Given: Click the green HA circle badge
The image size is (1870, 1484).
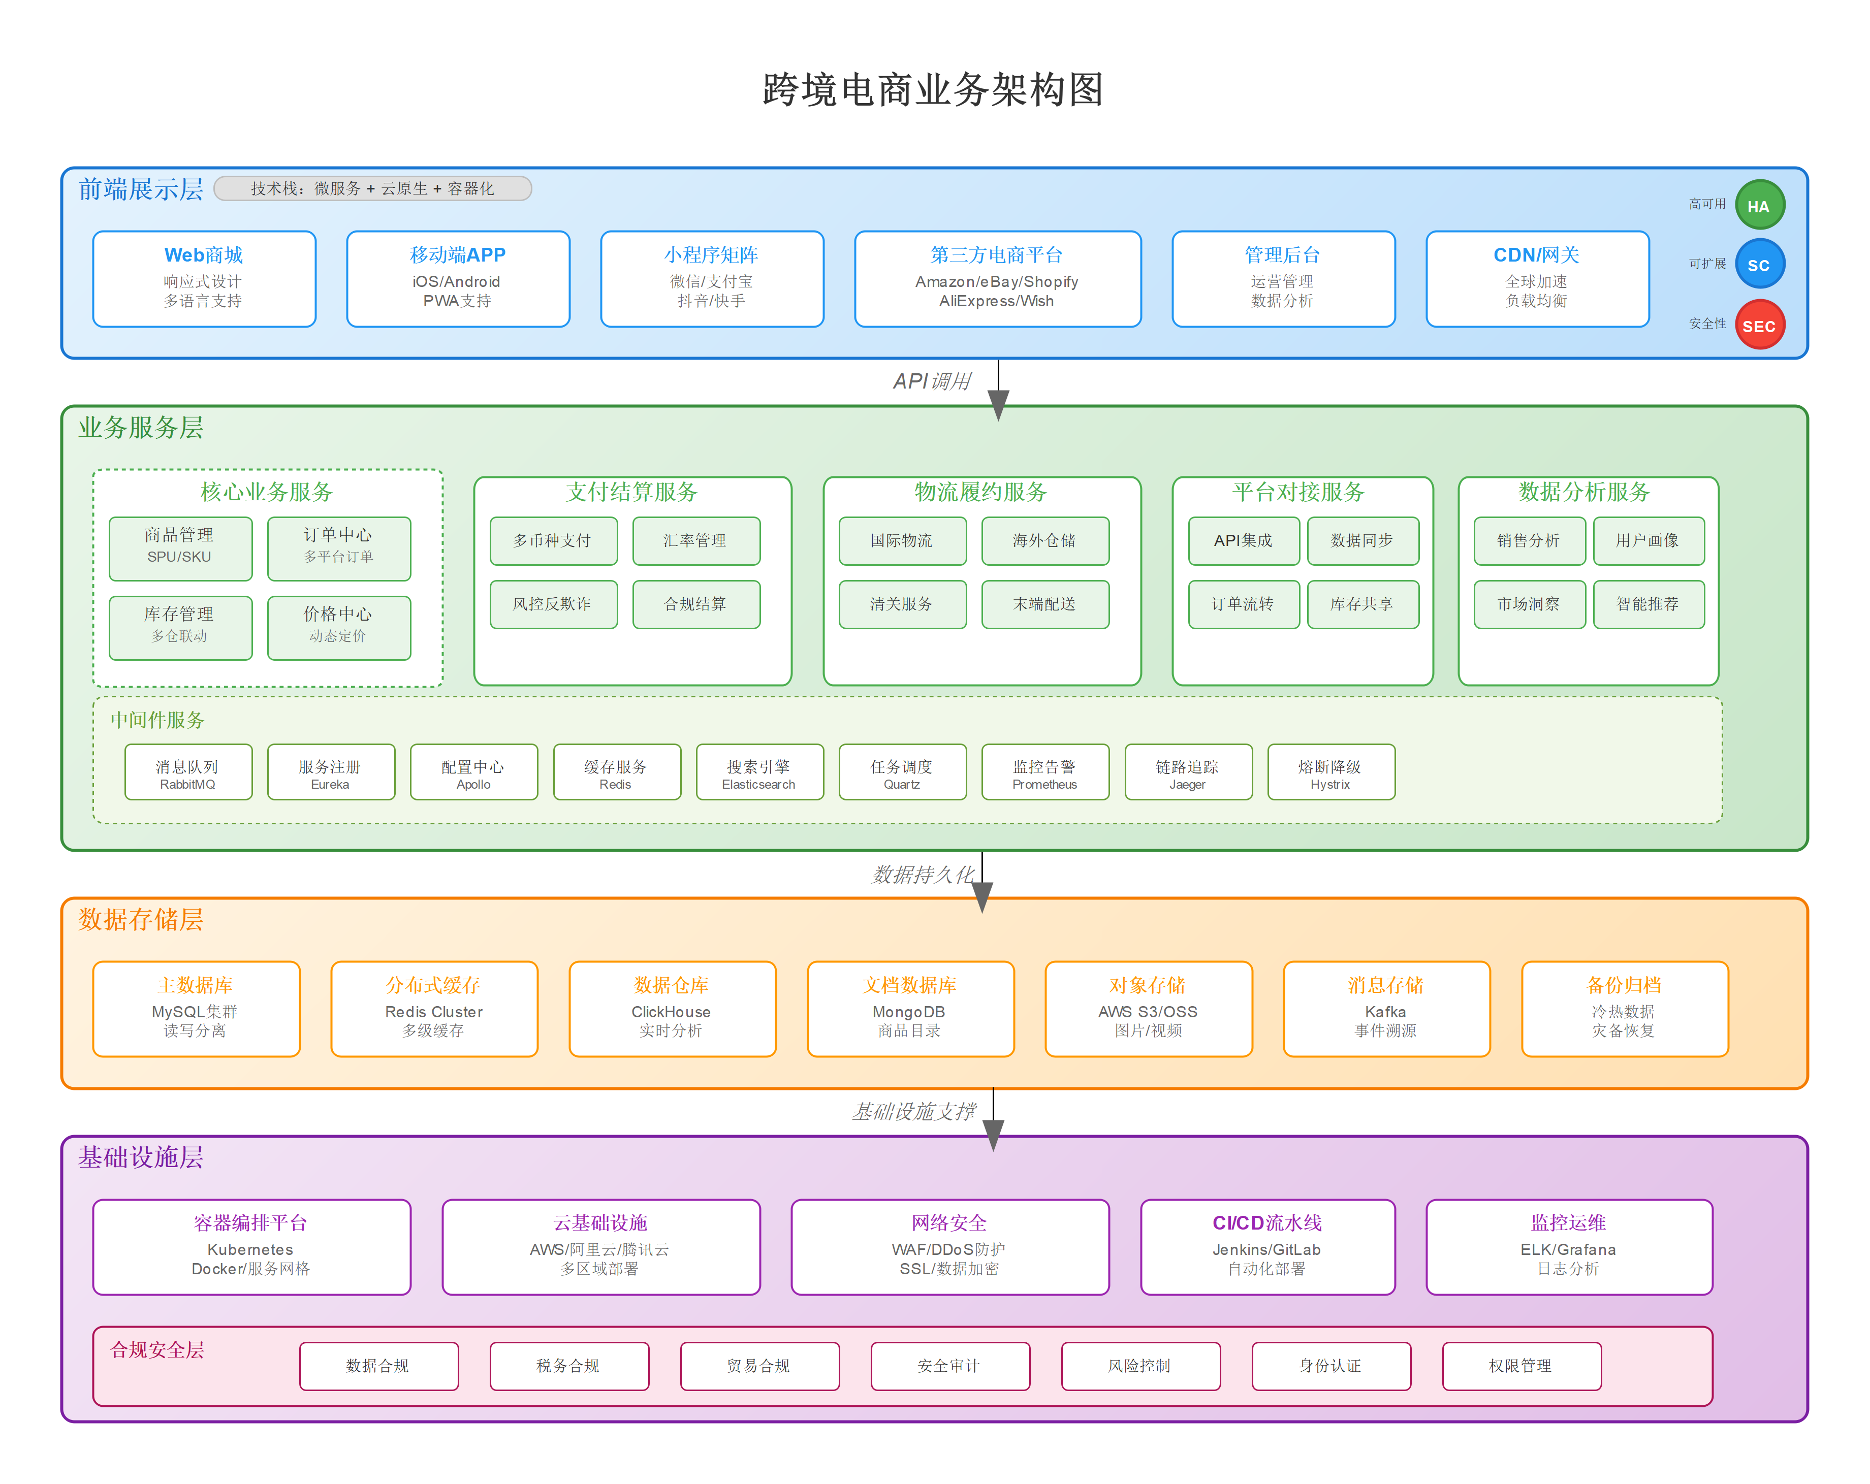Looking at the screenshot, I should (1758, 206).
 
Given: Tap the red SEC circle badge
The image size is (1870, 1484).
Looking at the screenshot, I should (1758, 325).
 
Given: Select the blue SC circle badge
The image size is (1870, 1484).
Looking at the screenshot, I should (1758, 265).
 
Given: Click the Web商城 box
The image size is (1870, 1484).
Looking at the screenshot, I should (204, 278).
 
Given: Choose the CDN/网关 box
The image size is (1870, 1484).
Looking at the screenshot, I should (1536, 278).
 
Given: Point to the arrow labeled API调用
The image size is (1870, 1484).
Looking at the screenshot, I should (998, 390).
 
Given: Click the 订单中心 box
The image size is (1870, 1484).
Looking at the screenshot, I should (338, 547).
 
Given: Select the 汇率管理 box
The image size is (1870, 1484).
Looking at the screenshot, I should (695, 540).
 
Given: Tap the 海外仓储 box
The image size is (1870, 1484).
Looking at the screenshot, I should (1044, 540).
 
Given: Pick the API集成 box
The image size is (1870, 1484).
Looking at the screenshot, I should (1243, 540).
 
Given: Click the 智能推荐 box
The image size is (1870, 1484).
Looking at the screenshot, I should (1648, 604).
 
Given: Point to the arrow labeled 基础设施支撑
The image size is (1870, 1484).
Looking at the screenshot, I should (993, 1119).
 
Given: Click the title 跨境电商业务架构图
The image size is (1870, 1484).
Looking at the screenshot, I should (933, 89).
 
